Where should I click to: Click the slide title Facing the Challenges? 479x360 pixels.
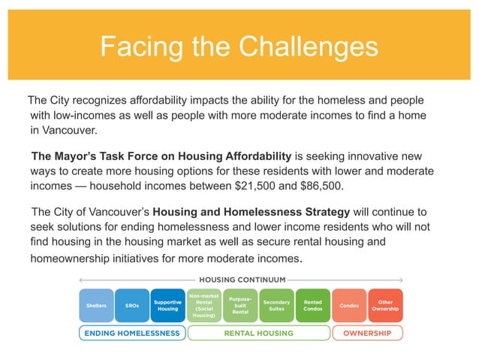pyautogui.click(x=239, y=47)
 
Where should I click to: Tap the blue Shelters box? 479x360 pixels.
pyautogui.click(x=96, y=306)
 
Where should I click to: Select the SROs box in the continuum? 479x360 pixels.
pyautogui.click(x=132, y=306)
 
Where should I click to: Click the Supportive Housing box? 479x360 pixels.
pyautogui.click(x=167, y=306)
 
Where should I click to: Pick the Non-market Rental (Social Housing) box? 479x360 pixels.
pyautogui.click(x=204, y=306)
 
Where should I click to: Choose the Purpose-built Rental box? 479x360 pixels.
pyautogui.click(x=240, y=306)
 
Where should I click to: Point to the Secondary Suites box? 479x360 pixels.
pyautogui.click(x=276, y=306)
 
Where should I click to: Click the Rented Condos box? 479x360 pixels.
pyautogui.click(x=312, y=306)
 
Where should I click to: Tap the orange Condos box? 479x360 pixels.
pyautogui.click(x=349, y=306)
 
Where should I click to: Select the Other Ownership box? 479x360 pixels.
pyautogui.click(x=385, y=306)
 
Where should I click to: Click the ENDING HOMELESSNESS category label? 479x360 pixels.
pyautogui.click(x=131, y=333)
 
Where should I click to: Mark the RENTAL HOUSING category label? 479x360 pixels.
pyautogui.click(x=258, y=333)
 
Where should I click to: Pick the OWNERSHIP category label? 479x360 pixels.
pyautogui.click(x=368, y=333)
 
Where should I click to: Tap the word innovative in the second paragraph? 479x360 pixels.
pyautogui.click(x=378, y=156)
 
